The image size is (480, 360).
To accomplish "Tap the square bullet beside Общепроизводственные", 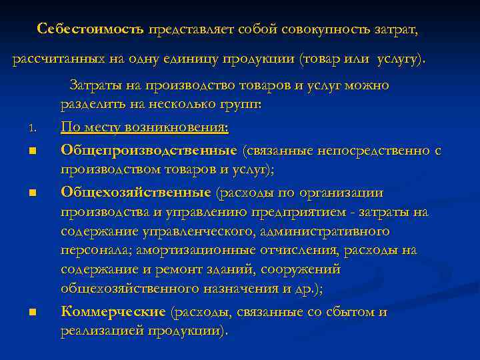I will (x=32, y=152).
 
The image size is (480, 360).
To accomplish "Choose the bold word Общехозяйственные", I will (x=136, y=193).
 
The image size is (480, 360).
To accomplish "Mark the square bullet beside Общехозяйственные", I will (x=32, y=194).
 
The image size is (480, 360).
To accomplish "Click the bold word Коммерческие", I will (x=113, y=312).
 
